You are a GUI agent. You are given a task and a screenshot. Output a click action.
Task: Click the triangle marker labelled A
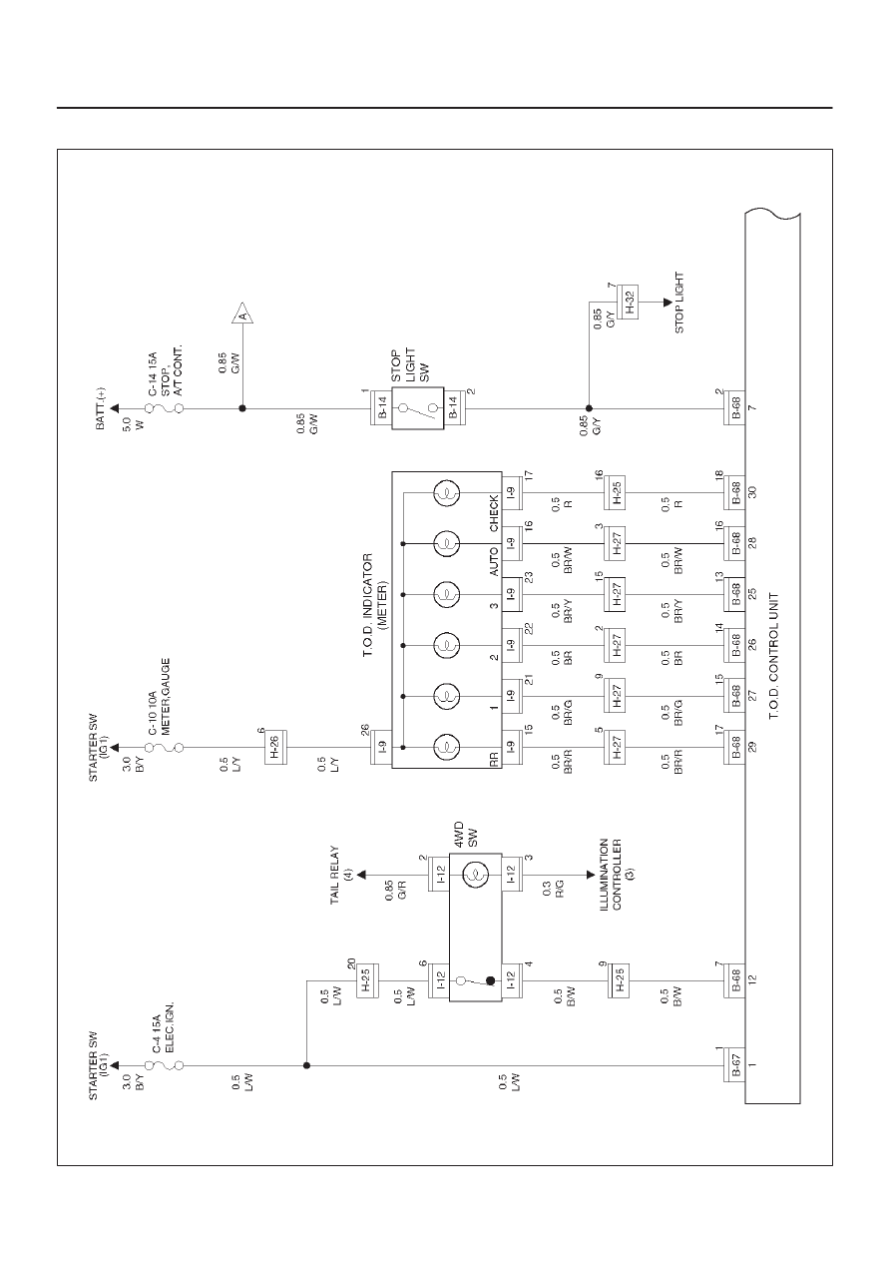coord(242,314)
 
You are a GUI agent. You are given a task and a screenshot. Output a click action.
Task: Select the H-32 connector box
coord(628,302)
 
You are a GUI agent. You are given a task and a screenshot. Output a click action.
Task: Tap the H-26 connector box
coord(275,747)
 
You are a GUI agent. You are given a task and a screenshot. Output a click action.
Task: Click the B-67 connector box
coord(734,1064)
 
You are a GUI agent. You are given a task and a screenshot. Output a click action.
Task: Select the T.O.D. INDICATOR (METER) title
coord(374,606)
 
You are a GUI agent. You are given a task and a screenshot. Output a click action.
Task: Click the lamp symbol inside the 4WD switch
coord(475,875)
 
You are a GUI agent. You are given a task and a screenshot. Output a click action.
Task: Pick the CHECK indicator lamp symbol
coord(447,493)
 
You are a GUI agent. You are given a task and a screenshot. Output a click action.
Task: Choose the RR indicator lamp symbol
coord(447,747)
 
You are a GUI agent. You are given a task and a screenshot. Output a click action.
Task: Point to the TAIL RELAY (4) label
coord(341,875)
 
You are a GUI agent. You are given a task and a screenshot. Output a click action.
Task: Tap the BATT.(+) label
coord(100,408)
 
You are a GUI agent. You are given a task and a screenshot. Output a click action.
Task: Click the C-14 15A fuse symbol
coord(165,408)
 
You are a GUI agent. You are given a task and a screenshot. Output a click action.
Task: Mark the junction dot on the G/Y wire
coord(589,408)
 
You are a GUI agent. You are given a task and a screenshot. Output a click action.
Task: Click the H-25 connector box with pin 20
coord(367,981)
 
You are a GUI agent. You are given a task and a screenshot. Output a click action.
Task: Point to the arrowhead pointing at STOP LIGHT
coord(668,302)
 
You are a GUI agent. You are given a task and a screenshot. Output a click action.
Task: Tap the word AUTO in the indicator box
coord(494,561)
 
